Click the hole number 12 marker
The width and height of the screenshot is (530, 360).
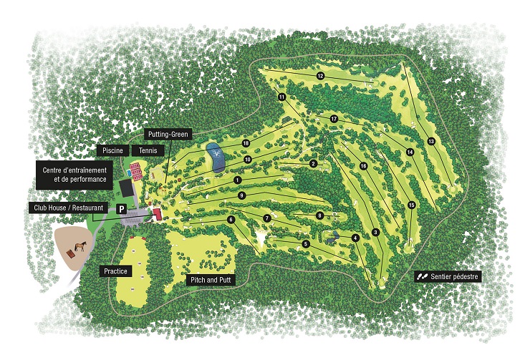tap(320, 76)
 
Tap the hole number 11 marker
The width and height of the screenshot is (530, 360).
tap(281, 97)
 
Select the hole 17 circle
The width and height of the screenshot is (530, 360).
tap(334, 118)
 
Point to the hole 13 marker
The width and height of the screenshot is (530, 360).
tap(431, 141)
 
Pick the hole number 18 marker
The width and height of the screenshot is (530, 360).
tap(245, 143)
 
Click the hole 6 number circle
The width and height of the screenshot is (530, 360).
tap(231, 220)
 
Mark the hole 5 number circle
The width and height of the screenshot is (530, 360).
tap(306, 244)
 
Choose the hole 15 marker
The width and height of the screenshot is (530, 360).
tap(411, 205)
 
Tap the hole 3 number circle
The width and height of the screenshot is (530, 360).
tap(375, 232)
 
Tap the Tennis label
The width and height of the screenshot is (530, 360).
tap(149, 150)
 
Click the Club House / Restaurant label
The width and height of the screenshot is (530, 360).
tap(67, 208)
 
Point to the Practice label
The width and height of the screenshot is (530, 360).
tap(115, 271)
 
